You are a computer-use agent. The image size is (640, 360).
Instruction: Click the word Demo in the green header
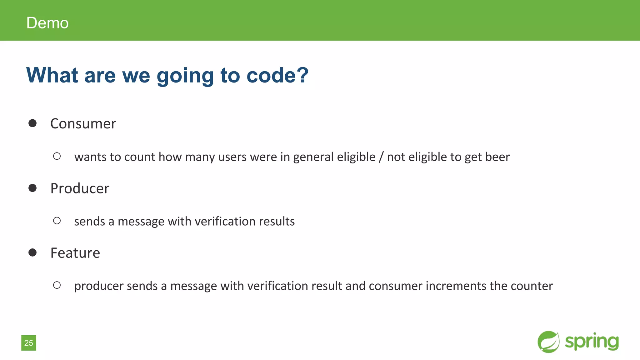click(x=47, y=23)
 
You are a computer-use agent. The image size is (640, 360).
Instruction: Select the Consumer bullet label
click(x=83, y=124)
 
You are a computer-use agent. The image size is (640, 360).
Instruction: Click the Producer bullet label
click(x=80, y=188)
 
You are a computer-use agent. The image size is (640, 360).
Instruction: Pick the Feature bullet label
click(x=75, y=253)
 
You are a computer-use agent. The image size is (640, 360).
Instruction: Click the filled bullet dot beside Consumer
click(x=32, y=123)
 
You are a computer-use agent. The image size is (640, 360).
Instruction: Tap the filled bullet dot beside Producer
click(x=32, y=188)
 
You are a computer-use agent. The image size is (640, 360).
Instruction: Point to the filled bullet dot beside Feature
click(x=32, y=252)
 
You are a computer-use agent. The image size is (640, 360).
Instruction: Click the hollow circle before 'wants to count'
click(x=57, y=156)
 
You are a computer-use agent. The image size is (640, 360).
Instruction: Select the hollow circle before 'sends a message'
click(x=57, y=221)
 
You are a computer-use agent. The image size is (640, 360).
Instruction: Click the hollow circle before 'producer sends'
click(x=57, y=285)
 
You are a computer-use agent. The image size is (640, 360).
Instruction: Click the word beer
click(x=497, y=157)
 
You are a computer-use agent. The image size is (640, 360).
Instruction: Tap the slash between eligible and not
click(x=381, y=157)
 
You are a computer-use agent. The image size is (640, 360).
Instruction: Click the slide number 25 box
click(x=29, y=343)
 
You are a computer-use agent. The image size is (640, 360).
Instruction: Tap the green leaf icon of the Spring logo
click(x=548, y=342)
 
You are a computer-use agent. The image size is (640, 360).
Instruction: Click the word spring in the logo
click(x=592, y=342)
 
